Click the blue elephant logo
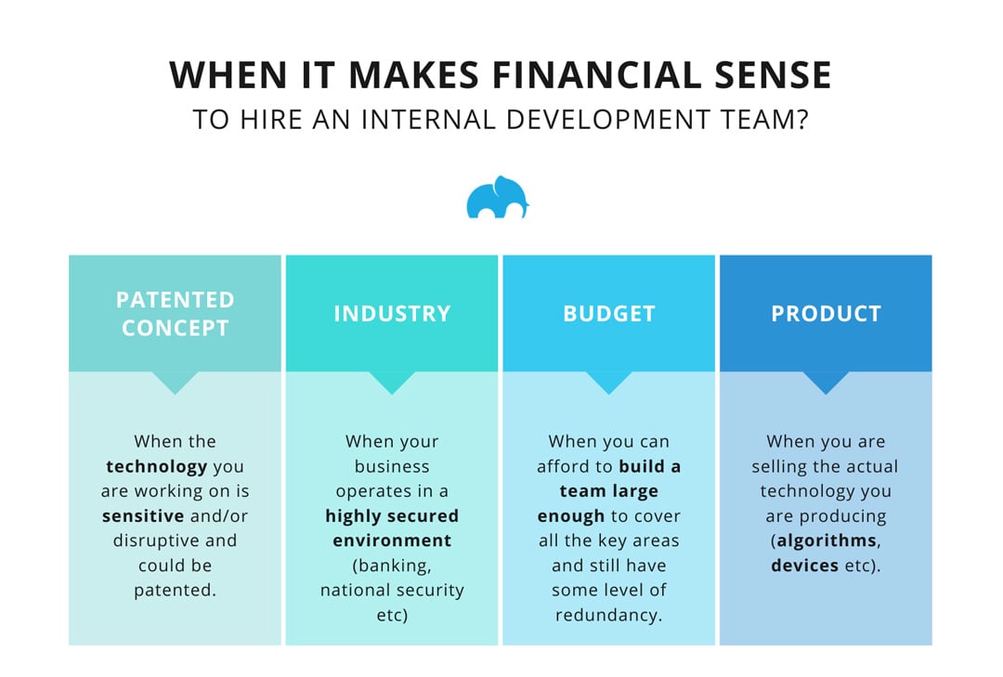coord(497,197)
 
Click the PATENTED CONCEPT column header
coord(175,314)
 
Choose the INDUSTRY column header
coord(392,314)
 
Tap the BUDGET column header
coord(609,314)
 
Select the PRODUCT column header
coord(826,314)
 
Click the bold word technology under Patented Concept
coord(156,466)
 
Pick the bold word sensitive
coord(145,515)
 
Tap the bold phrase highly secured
coord(392,515)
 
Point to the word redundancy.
coord(609,615)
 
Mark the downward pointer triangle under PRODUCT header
coord(826,382)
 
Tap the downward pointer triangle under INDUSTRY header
coord(392,382)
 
